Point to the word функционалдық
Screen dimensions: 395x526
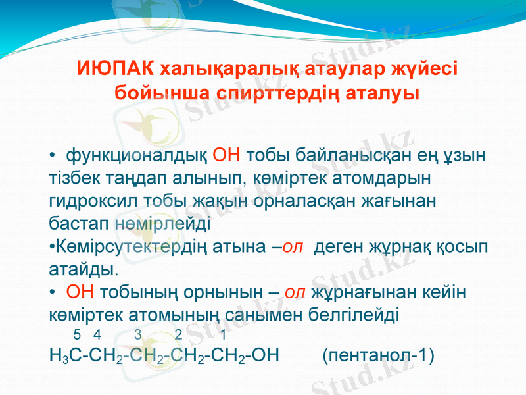tap(137, 156)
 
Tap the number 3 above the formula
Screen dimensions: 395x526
tap(137, 334)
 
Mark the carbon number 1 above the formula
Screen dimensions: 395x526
tap(224, 334)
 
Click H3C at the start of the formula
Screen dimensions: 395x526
tap(66, 357)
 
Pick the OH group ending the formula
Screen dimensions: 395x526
tap(266, 357)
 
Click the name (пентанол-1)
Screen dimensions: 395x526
tap(379, 357)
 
